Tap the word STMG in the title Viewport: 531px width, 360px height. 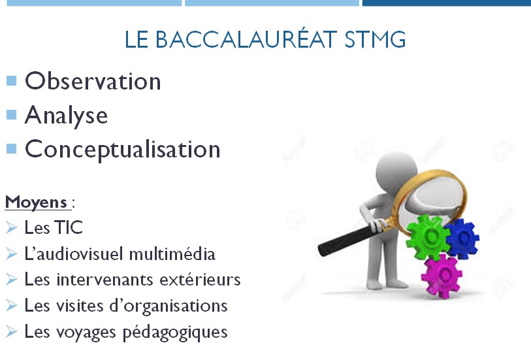pyautogui.click(x=375, y=39)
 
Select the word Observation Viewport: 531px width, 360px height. pyautogui.click(x=93, y=81)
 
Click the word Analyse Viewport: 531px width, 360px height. pyautogui.click(x=67, y=116)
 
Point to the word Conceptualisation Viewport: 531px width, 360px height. pyautogui.click(x=123, y=150)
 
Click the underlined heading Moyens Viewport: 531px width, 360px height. pyautogui.click(x=36, y=203)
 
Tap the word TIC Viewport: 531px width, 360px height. pyautogui.click(x=69, y=227)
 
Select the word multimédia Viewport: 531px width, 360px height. pyautogui.click(x=172, y=254)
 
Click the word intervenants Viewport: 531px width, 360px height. pyautogui.click(x=106, y=280)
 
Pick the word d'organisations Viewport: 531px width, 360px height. pyautogui.click(x=169, y=306)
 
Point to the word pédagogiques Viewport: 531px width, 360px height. pyautogui.click(x=175, y=333)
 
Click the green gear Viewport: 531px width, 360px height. pyautogui.click(x=428, y=237)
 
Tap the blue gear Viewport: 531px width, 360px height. pyautogui.click(x=462, y=238)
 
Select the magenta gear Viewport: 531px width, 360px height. pyautogui.click(x=442, y=276)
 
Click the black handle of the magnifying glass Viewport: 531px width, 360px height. pyautogui.click(x=346, y=240)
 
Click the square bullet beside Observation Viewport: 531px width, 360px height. pyautogui.click(x=12, y=80)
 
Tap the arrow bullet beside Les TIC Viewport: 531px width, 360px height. pyautogui.click(x=11, y=227)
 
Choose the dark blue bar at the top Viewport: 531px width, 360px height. pyautogui.click(x=446, y=3)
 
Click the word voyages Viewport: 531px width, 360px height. pyautogui.click(x=86, y=333)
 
